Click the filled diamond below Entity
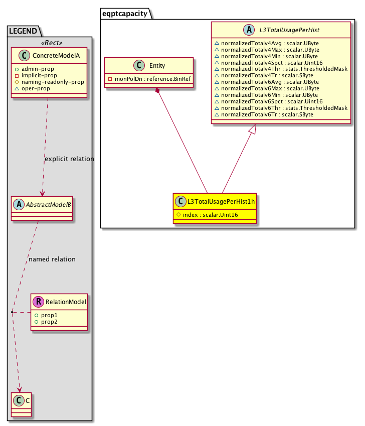pos(158,91)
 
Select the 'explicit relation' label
pos(69,159)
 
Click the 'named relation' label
pos(52,259)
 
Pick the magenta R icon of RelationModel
pos(38,302)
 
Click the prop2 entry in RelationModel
pos(50,322)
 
